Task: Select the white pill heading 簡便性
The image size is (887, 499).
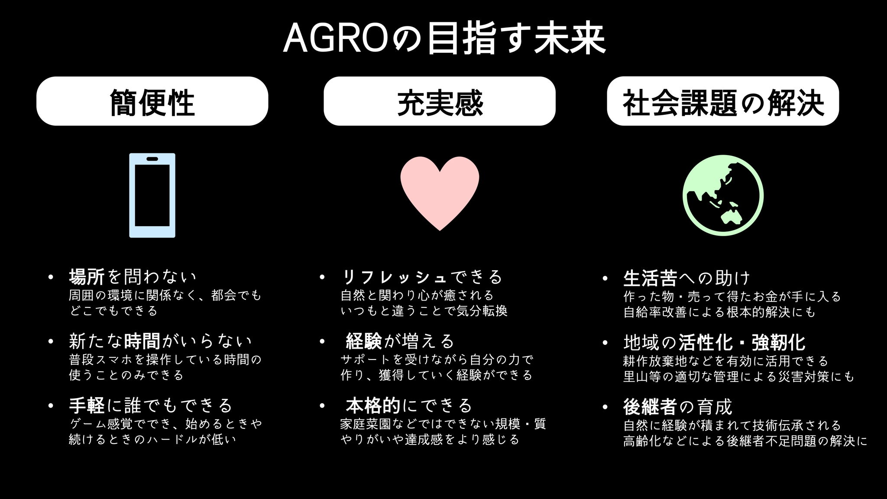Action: pyautogui.click(x=152, y=101)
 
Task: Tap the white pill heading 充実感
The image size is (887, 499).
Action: pyautogui.click(x=440, y=101)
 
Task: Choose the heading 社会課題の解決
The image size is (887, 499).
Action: pyautogui.click(x=723, y=101)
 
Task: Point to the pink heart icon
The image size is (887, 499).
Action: pyautogui.click(x=440, y=193)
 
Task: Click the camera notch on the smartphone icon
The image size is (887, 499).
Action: pyautogui.click(x=152, y=159)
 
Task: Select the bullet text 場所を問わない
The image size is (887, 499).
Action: pyautogui.click(x=133, y=276)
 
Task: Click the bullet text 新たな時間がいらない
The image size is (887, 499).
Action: pyautogui.click(x=160, y=341)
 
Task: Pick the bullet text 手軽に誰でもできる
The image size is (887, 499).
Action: pyautogui.click(x=151, y=405)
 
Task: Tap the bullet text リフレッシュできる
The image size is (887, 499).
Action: pyautogui.click(x=422, y=276)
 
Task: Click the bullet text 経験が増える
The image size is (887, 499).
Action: pyautogui.click(x=400, y=341)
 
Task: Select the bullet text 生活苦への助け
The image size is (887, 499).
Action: pyautogui.click(x=687, y=278)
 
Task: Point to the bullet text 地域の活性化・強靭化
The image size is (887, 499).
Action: pyautogui.click(x=714, y=342)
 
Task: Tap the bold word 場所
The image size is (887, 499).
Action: pyautogui.click(x=87, y=276)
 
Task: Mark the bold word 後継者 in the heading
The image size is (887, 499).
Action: pyautogui.click(x=650, y=407)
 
